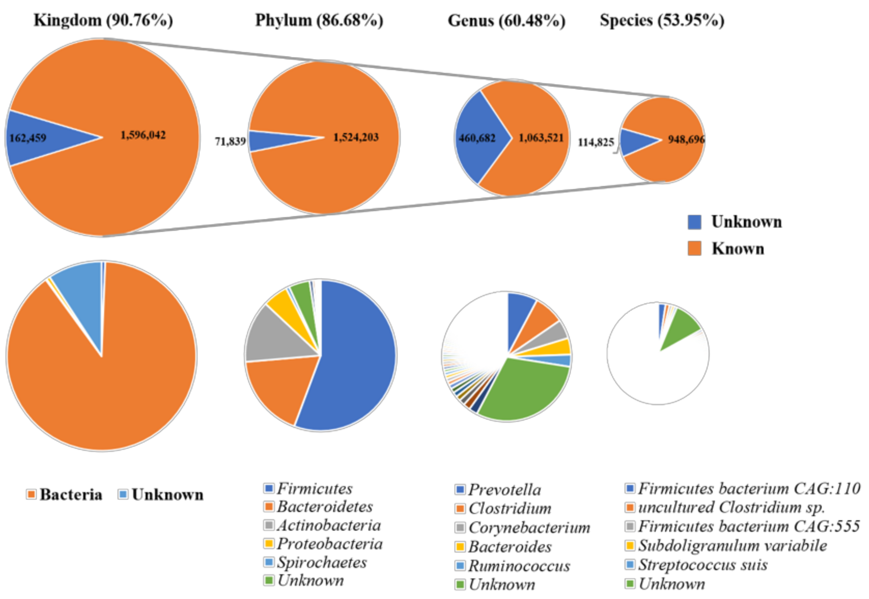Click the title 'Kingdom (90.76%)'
pyautogui.click(x=103, y=20)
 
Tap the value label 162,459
pyautogui.click(x=28, y=138)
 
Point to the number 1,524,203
pyautogui.click(x=356, y=137)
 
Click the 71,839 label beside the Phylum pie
pyautogui.click(x=230, y=141)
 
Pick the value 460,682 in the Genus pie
pyautogui.click(x=477, y=138)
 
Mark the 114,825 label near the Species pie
pyautogui.click(x=596, y=143)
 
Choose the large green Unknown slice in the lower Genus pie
pyautogui.click(x=525, y=390)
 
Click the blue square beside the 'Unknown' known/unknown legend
pyautogui.click(x=695, y=222)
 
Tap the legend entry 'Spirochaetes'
pyautogui.click(x=322, y=562)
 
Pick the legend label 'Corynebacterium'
pyautogui.click(x=529, y=528)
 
